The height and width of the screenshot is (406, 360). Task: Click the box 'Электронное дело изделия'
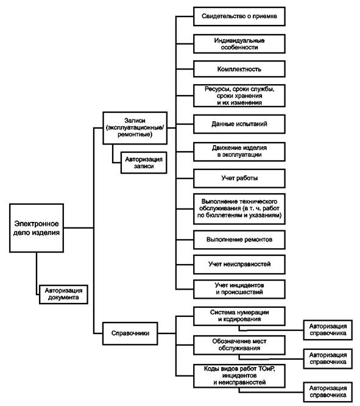point(37,228)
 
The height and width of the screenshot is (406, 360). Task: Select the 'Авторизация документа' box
point(63,294)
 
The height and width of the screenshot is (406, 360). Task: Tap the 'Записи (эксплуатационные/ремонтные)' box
point(135,128)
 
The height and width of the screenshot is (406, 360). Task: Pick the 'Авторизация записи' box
point(144,163)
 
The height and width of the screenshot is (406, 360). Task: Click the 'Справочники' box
point(130,333)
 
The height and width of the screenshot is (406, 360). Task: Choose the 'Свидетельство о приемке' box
point(239,16)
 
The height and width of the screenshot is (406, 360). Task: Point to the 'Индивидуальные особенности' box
point(239,44)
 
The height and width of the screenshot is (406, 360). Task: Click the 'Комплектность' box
point(239,69)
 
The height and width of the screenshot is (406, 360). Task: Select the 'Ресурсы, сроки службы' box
point(239,96)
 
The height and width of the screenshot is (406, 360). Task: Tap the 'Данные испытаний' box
point(239,124)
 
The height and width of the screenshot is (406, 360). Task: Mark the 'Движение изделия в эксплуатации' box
point(239,151)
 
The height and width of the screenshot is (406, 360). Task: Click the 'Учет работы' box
point(239,179)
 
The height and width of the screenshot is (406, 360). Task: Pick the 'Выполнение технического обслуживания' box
point(239,208)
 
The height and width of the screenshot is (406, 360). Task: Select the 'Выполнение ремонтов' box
point(239,240)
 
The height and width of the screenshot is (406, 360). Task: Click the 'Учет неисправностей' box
point(239,265)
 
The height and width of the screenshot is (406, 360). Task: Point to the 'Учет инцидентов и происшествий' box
point(239,289)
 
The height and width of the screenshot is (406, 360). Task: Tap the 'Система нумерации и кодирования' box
point(239,316)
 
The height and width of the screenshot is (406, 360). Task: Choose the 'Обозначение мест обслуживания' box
point(239,345)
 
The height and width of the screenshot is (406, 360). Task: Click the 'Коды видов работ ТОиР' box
point(239,376)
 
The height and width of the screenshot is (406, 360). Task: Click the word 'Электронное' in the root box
point(37,224)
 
